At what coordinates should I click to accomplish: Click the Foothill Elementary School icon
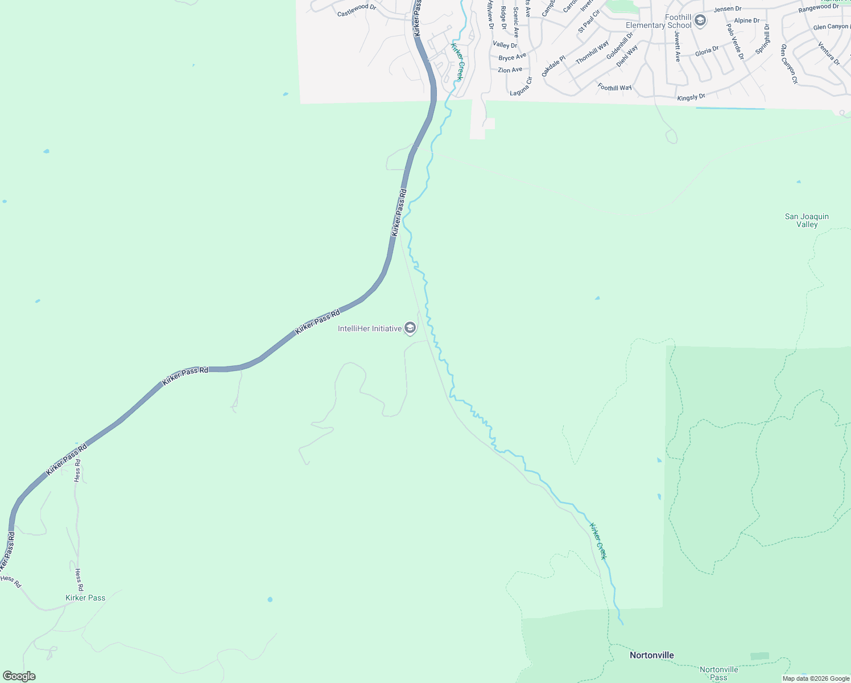pyautogui.click(x=700, y=21)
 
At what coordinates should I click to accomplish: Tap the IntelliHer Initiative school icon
pyautogui.click(x=410, y=328)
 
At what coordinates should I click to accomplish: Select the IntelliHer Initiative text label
pyautogui.click(x=369, y=328)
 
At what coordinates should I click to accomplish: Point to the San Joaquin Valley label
pyautogui.click(x=807, y=220)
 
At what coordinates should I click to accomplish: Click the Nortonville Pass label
pyautogui.click(x=718, y=673)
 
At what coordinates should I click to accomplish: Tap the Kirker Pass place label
pyautogui.click(x=85, y=598)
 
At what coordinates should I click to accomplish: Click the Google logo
pyautogui.click(x=19, y=676)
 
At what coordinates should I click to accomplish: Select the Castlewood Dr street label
pyautogui.click(x=357, y=10)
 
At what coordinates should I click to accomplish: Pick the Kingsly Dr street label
pyautogui.click(x=691, y=98)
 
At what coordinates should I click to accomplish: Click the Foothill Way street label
pyautogui.click(x=614, y=88)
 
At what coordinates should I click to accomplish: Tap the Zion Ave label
pyautogui.click(x=510, y=70)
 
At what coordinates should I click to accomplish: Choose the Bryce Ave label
pyautogui.click(x=512, y=57)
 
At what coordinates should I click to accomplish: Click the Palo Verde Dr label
pyautogui.click(x=734, y=41)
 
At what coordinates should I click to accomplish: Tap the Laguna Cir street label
pyautogui.click(x=521, y=87)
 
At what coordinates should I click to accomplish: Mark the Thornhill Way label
pyautogui.click(x=592, y=52)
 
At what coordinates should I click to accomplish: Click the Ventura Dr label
pyautogui.click(x=829, y=54)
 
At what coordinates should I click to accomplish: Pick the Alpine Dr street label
pyautogui.click(x=746, y=20)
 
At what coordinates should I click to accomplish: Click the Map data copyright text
pyautogui.click(x=816, y=678)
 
